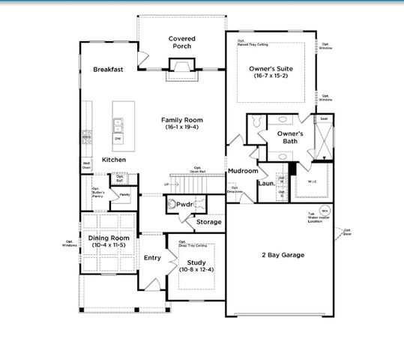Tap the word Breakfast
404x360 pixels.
point(108,69)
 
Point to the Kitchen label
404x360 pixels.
point(114,160)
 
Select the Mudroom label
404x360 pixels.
point(243,171)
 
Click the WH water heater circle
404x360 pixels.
point(325,210)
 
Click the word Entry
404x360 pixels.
point(152,257)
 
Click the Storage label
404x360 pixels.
point(209,222)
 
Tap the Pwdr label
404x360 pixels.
point(185,204)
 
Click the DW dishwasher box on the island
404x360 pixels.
point(118,139)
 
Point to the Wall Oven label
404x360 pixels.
point(86,165)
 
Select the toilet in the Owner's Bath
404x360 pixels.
point(256,121)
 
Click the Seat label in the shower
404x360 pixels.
point(324,118)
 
